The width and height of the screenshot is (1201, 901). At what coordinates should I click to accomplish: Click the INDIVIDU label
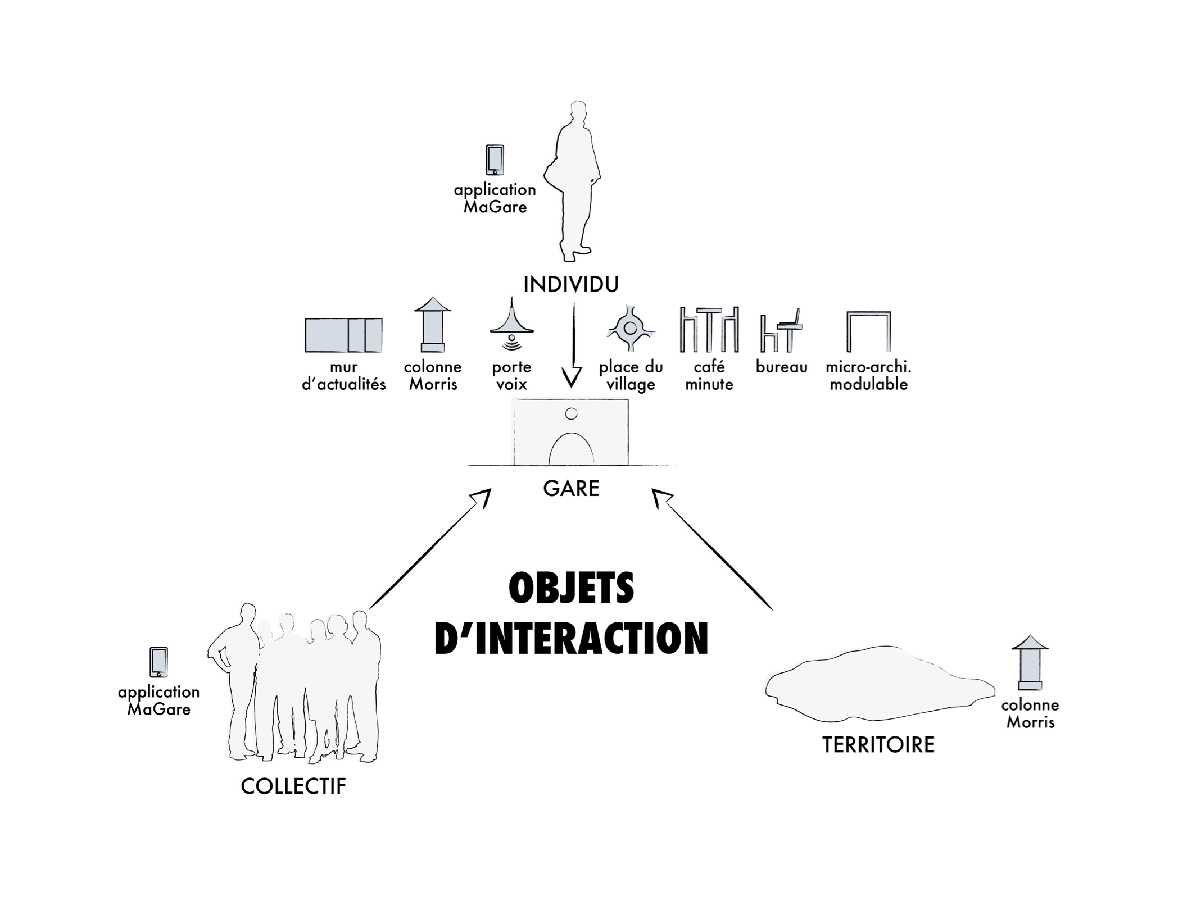coord(570,285)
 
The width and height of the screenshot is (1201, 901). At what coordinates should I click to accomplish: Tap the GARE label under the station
coord(571,488)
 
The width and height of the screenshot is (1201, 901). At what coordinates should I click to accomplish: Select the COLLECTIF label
coord(293,786)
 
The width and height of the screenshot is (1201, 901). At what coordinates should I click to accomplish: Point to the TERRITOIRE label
coord(878,744)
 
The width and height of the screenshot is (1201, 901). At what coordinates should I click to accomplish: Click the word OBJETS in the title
coord(571,588)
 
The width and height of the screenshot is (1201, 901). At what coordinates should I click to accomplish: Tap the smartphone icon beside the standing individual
coord(495,160)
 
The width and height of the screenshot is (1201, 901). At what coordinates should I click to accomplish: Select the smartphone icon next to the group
coord(158,662)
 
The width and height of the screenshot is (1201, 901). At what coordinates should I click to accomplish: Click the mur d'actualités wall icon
coord(343,335)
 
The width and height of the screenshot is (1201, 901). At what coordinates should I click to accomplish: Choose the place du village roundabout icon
coord(631,328)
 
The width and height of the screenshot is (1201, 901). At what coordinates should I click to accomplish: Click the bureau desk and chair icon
coord(781,331)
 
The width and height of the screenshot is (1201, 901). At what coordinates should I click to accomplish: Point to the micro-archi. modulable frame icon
coord(868,331)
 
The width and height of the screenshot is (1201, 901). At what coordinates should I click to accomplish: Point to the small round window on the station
coord(571,415)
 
